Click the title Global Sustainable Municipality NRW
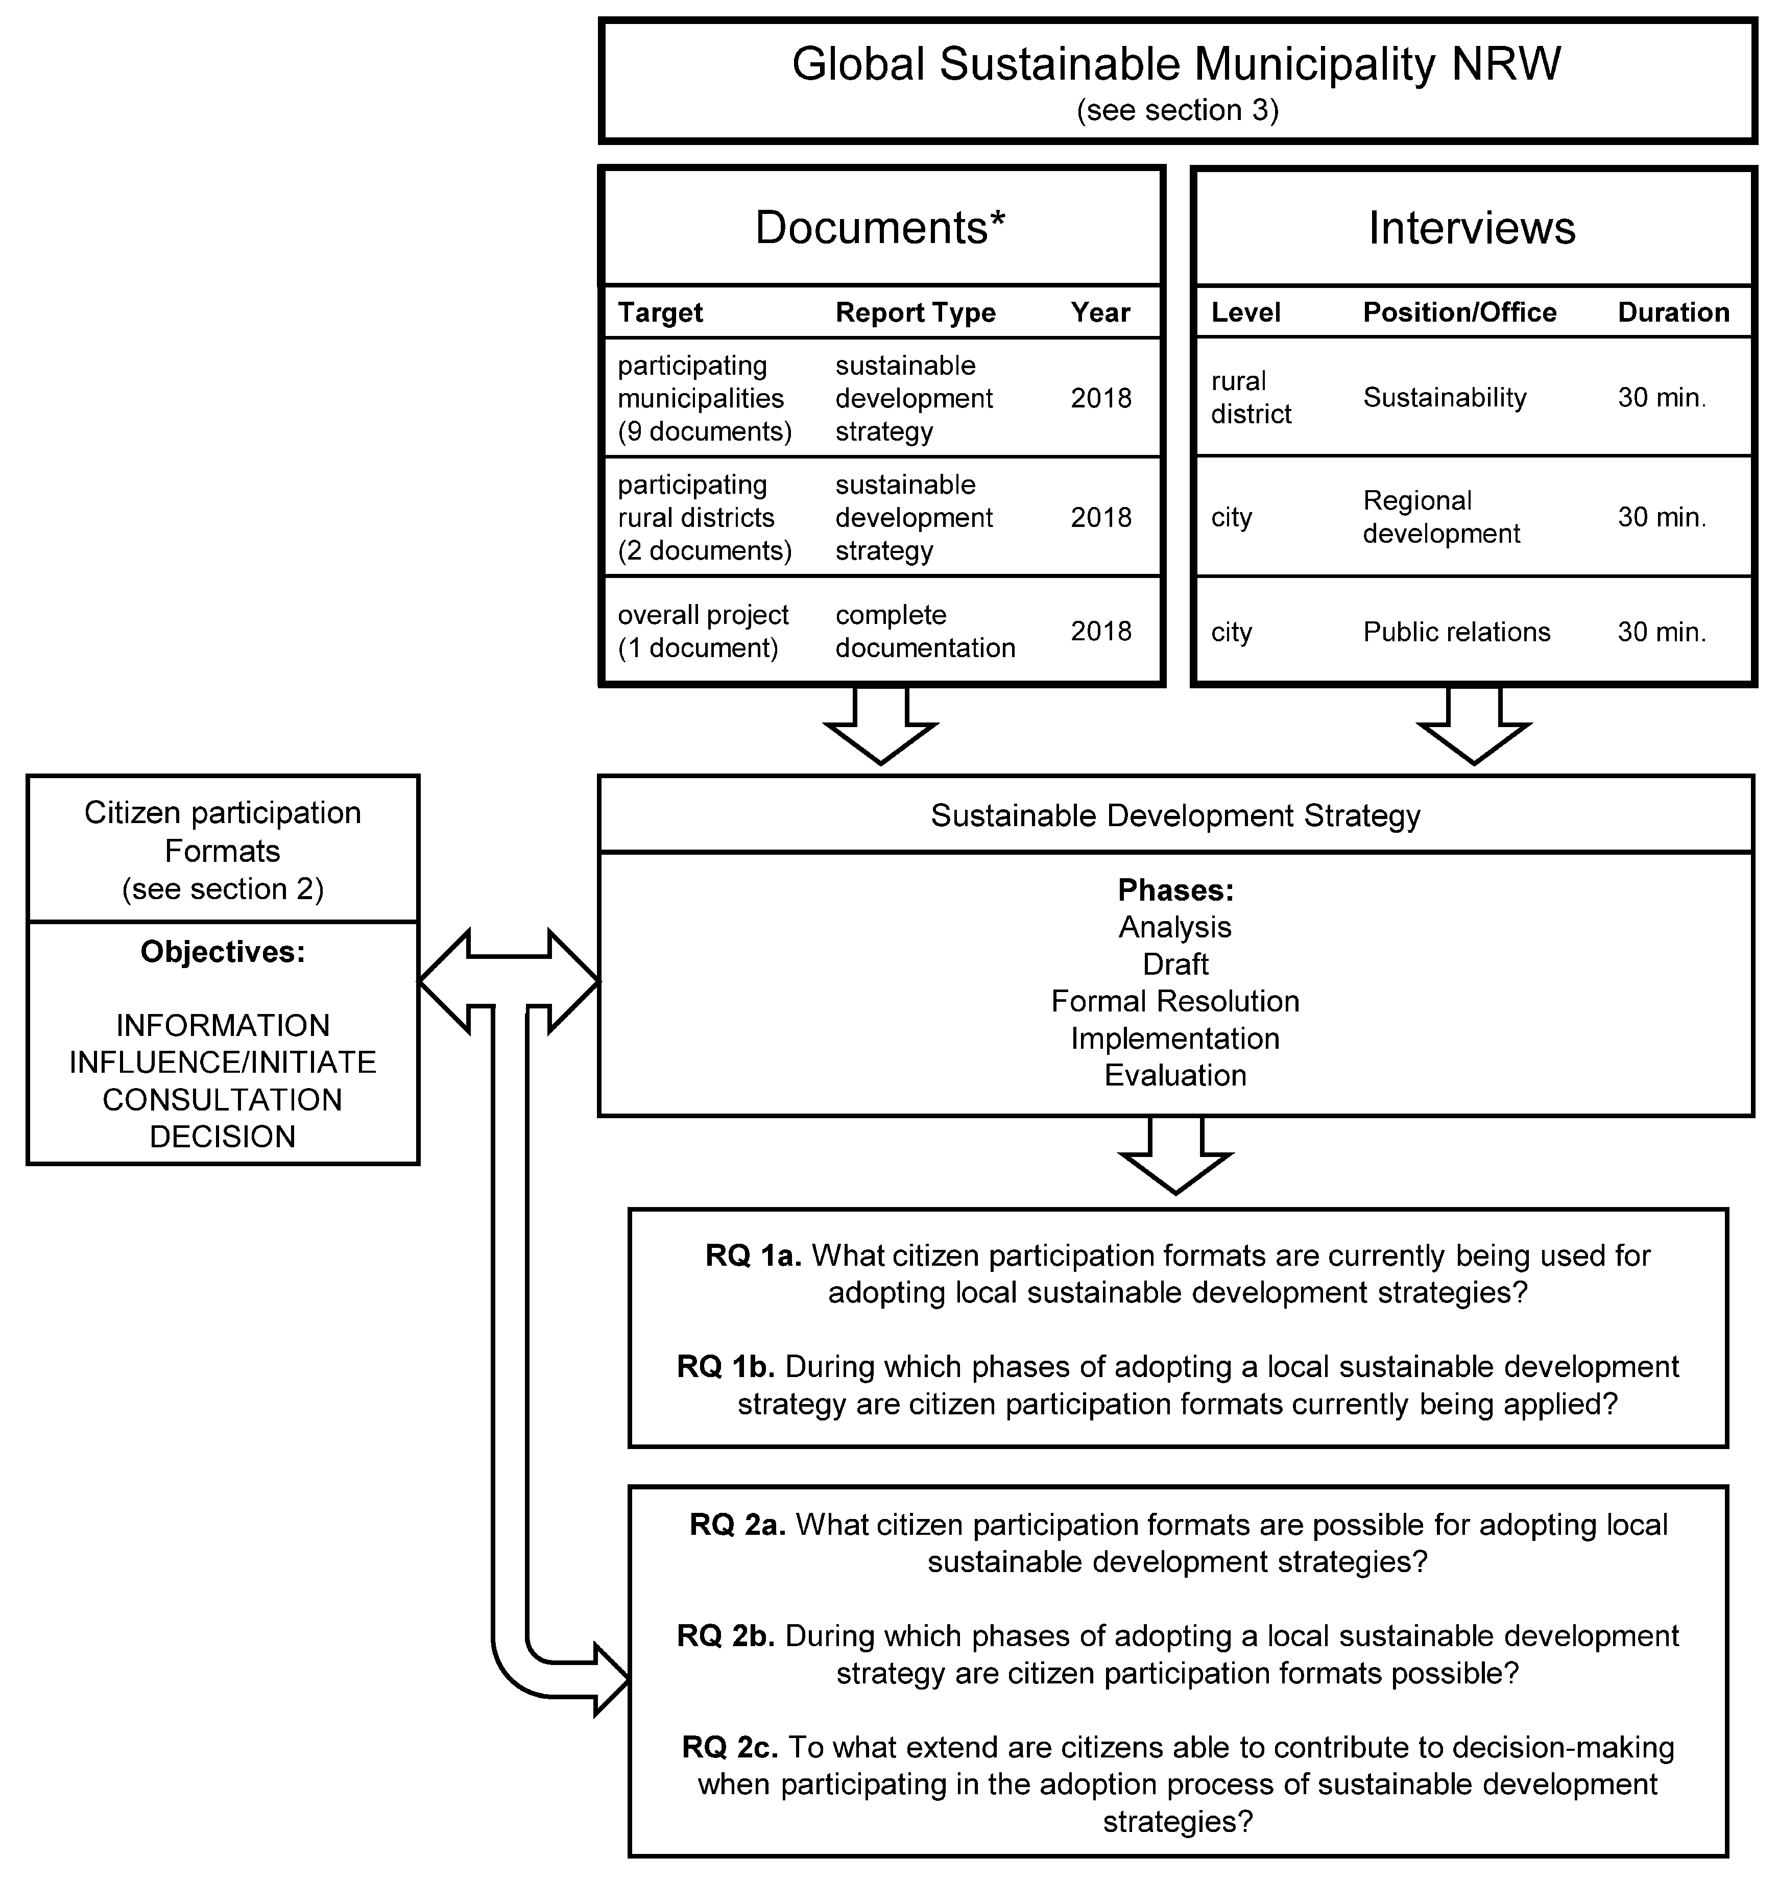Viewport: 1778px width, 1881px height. pyautogui.click(x=1176, y=64)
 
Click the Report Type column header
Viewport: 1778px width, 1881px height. pyautogui.click(x=915, y=312)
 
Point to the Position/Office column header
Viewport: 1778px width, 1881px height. pyautogui.click(x=1459, y=312)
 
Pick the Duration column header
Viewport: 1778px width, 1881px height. pyautogui.click(x=1673, y=312)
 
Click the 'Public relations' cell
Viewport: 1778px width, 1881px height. pyautogui.click(x=1456, y=632)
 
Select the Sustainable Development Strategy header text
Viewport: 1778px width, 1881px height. pyautogui.click(x=1175, y=816)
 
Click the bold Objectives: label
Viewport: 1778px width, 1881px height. pyautogui.click(x=223, y=951)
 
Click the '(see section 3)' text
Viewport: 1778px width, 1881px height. pyautogui.click(x=1177, y=111)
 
